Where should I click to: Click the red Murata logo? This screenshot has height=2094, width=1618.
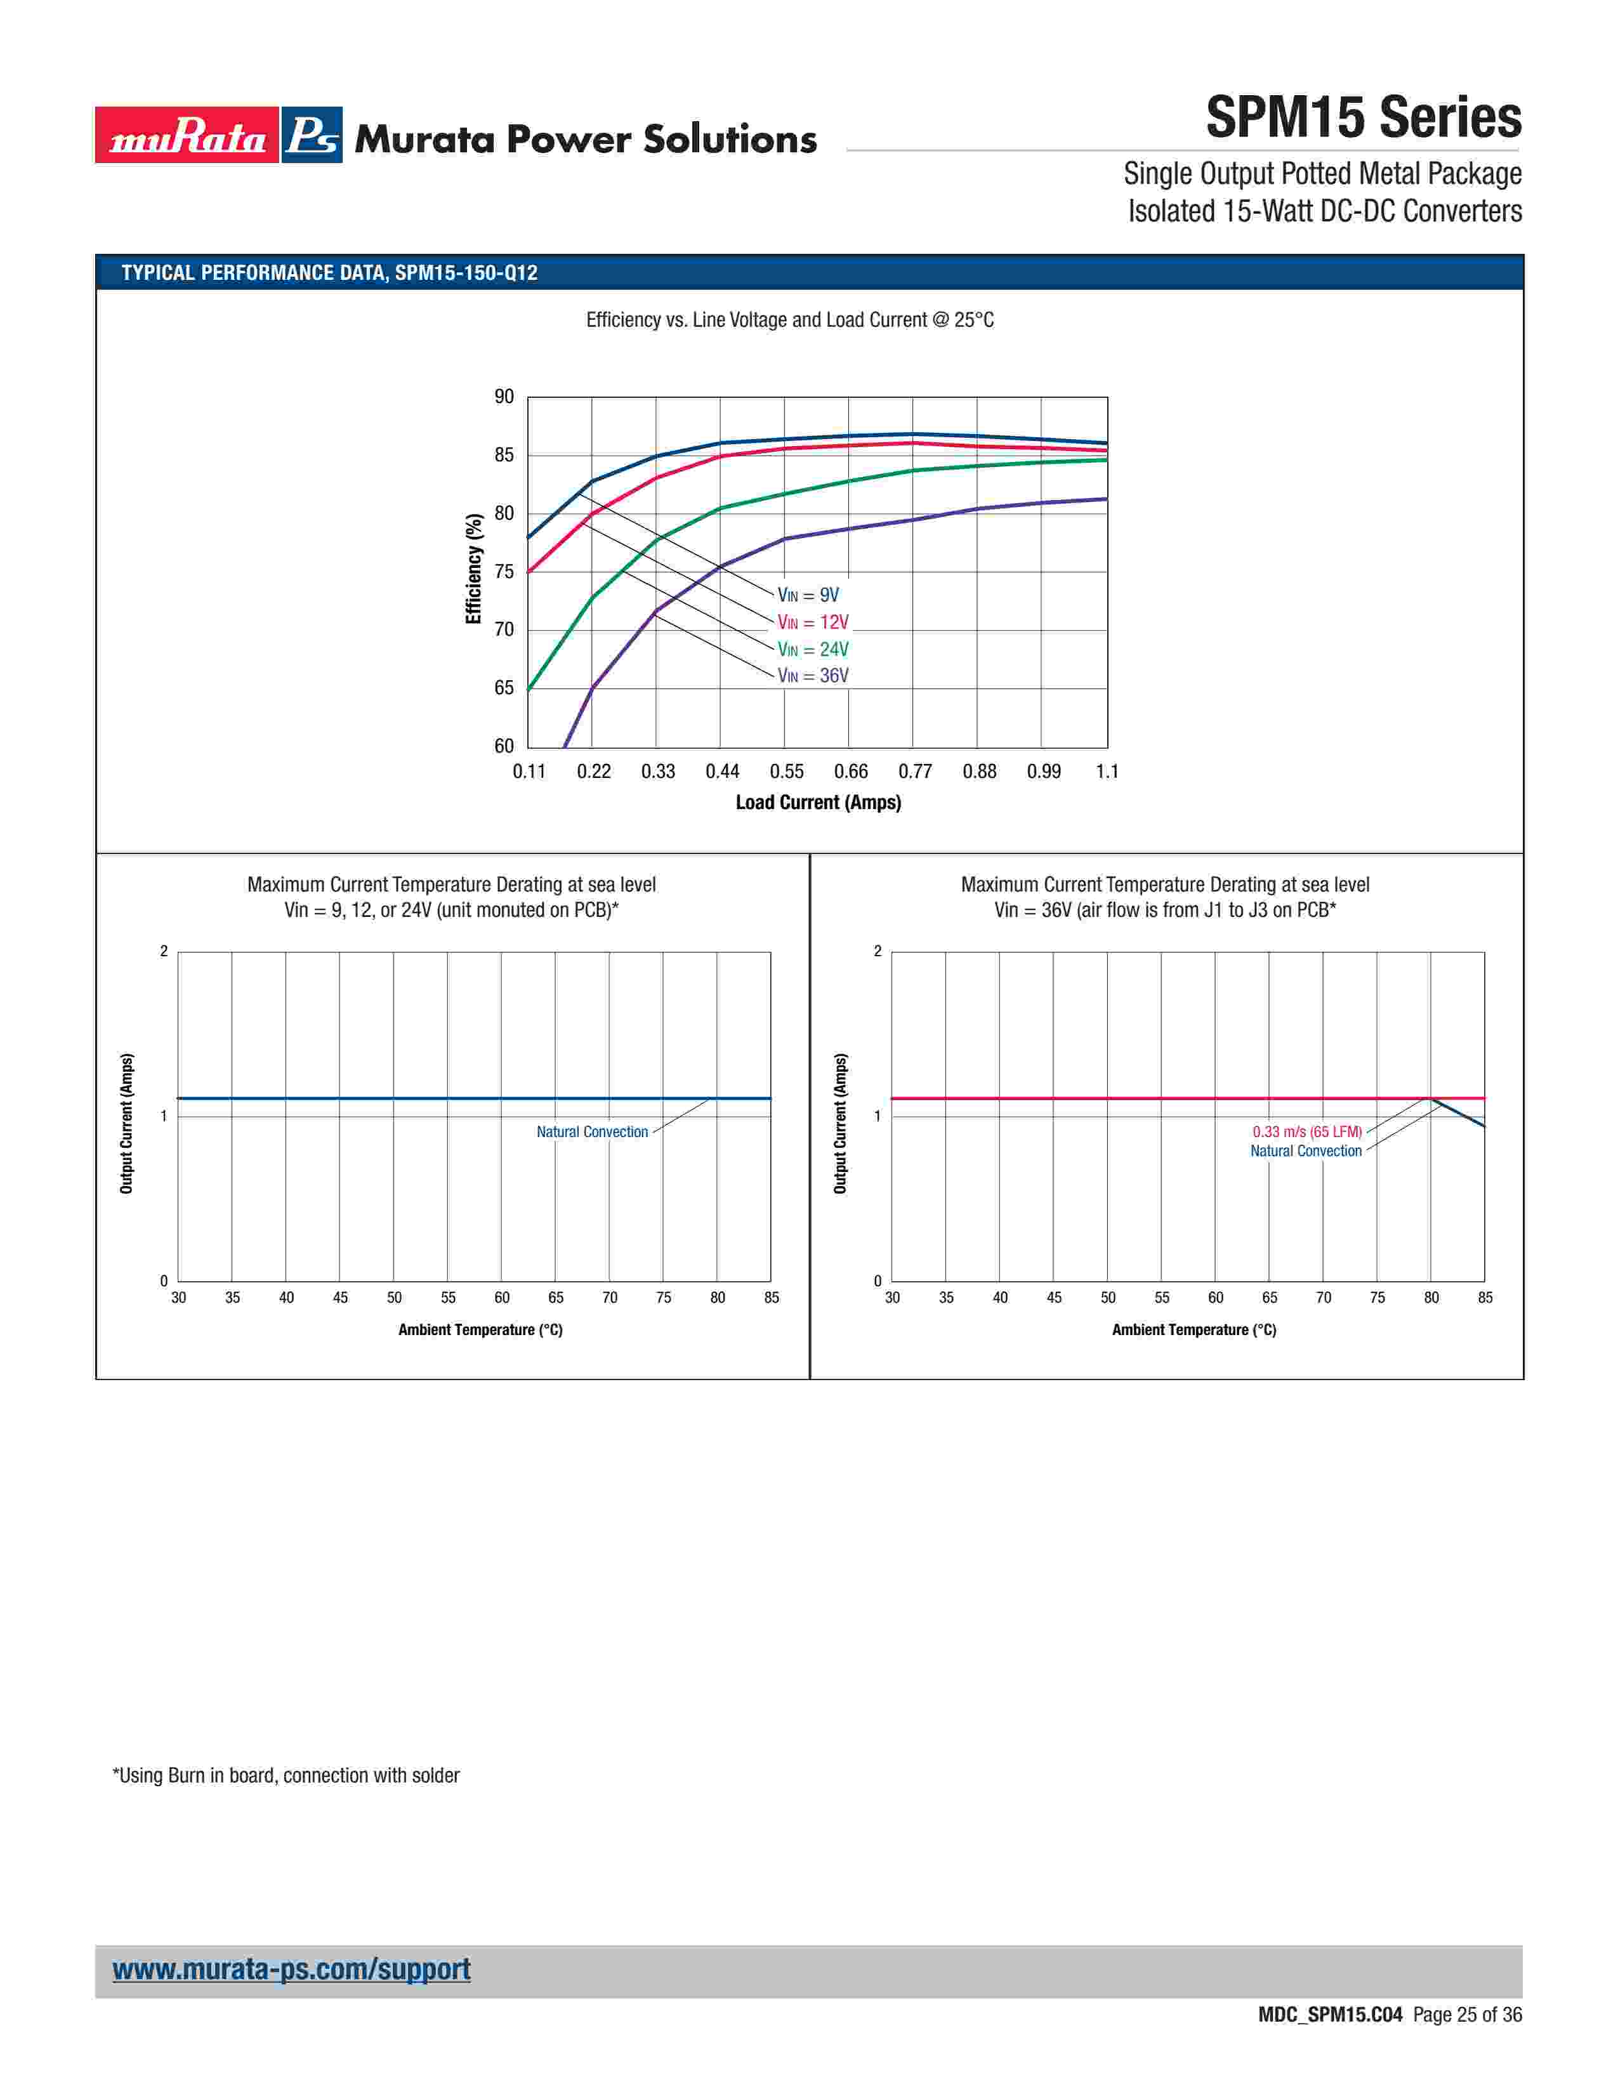point(187,135)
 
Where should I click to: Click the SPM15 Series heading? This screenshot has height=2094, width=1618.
point(1362,118)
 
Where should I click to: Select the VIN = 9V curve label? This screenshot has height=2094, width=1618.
point(807,595)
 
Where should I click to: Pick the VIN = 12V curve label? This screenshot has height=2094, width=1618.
point(812,622)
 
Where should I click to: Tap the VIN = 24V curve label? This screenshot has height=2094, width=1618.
point(812,649)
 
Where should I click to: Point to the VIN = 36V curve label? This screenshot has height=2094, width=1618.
point(812,676)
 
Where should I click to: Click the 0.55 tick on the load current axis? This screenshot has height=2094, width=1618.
point(786,772)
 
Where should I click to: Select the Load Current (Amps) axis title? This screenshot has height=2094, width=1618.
point(818,803)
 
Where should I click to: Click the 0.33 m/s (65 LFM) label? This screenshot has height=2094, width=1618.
point(1306,1132)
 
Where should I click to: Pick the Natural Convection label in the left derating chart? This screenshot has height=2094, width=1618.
point(591,1132)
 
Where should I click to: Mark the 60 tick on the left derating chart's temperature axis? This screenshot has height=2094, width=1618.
point(501,1298)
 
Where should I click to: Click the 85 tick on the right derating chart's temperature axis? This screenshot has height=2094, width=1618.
point(1485,1298)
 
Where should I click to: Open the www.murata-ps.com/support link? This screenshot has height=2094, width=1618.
point(291,1970)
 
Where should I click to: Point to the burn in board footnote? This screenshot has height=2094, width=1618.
point(286,1775)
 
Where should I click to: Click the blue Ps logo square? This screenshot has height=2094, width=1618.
point(312,135)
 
